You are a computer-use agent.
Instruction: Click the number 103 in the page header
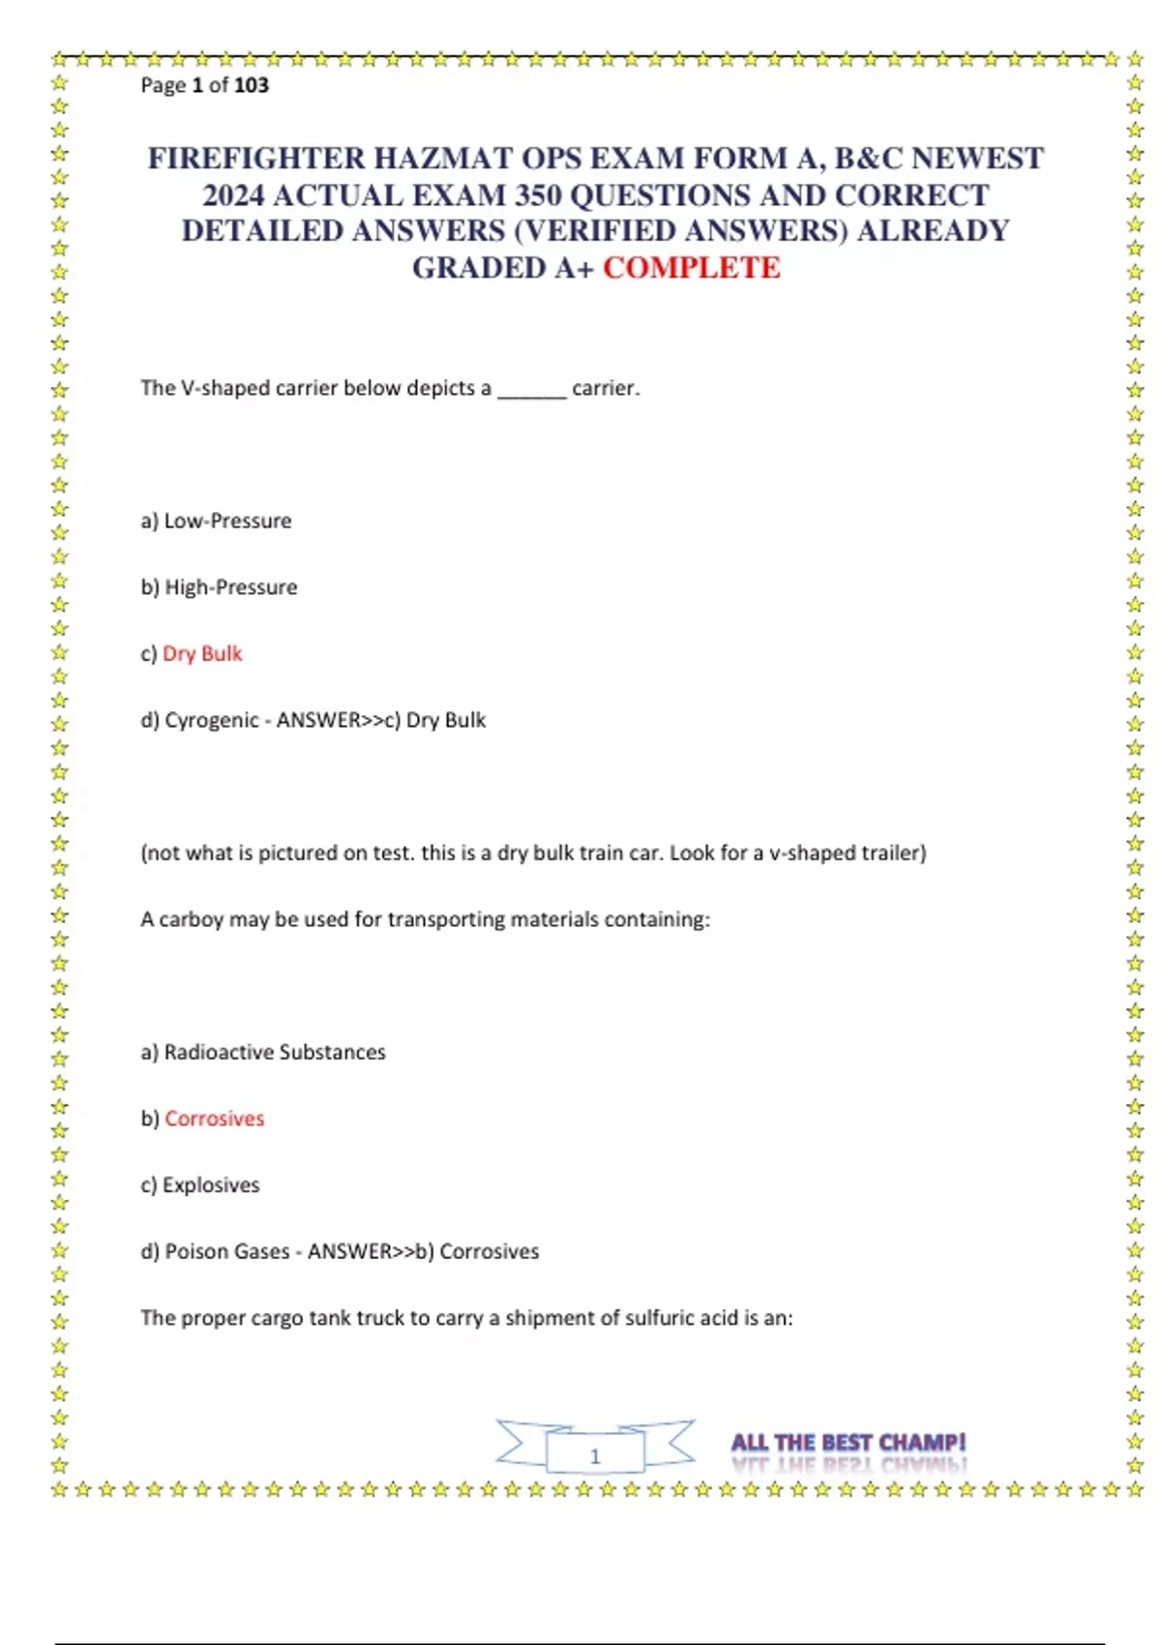pos(251,85)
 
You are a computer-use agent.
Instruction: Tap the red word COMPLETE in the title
pos(691,268)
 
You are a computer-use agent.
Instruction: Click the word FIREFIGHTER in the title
pos(256,159)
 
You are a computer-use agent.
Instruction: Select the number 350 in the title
pos(538,195)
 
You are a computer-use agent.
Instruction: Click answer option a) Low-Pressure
pos(216,521)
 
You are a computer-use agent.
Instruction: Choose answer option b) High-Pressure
pos(219,587)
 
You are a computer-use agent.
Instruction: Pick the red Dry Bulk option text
pos(202,654)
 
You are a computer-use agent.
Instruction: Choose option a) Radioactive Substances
pos(263,1052)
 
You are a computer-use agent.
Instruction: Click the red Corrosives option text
pos(214,1119)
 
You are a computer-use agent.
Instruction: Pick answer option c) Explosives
pos(200,1185)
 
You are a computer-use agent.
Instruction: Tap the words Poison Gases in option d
pos(226,1251)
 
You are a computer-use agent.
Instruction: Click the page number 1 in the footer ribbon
pos(595,1455)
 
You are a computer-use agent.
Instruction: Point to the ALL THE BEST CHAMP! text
pos(848,1443)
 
